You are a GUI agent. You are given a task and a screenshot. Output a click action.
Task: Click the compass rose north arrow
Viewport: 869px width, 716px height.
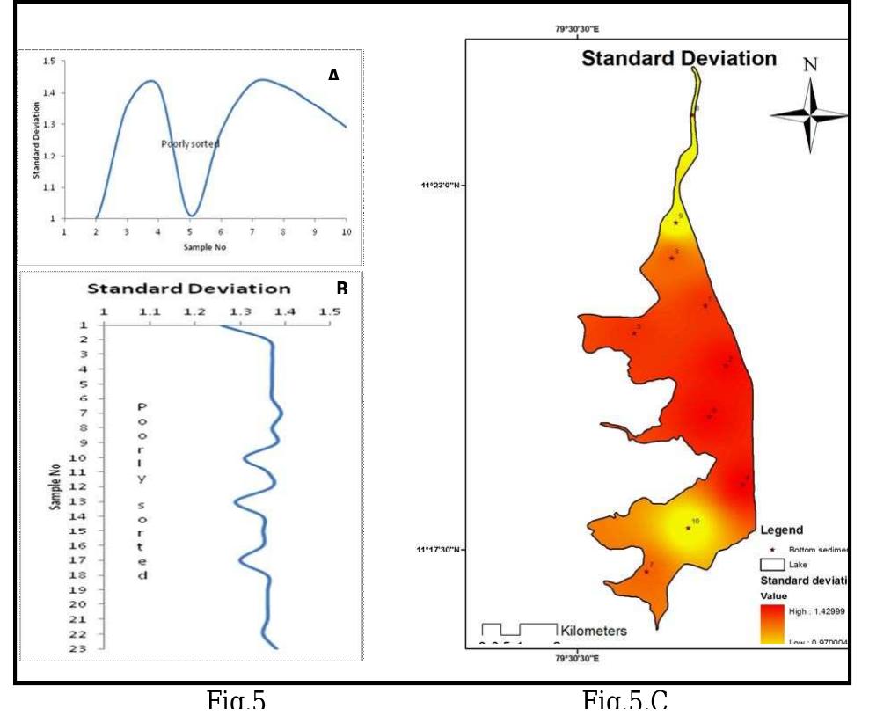pyautogui.click(x=810, y=113)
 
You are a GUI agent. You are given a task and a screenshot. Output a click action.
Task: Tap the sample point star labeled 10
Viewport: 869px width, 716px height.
pyautogui.click(x=688, y=529)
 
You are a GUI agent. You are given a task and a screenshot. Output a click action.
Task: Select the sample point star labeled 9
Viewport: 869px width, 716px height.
pyautogui.click(x=675, y=223)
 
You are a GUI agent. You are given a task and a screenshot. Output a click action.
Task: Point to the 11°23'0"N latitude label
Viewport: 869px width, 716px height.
pyautogui.click(x=441, y=186)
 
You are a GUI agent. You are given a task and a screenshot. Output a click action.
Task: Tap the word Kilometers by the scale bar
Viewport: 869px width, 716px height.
pyautogui.click(x=594, y=631)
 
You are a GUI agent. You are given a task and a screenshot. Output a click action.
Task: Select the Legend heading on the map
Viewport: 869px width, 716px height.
pyautogui.click(x=781, y=530)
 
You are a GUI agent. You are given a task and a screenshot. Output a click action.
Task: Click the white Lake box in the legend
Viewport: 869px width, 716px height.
pyautogui.click(x=772, y=564)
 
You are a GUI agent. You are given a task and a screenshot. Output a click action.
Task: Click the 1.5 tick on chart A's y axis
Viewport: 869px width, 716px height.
pyautogui.click(x=47, y=62)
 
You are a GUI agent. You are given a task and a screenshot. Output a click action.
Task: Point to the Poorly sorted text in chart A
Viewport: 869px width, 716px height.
pyautogui.click(x=190, y=143)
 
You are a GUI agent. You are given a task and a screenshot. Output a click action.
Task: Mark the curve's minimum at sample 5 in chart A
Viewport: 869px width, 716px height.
pyautogui.click(x=190, y=215)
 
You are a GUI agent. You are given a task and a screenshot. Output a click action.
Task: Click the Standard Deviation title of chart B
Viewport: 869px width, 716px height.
pyautogui.click(x=189, y=289)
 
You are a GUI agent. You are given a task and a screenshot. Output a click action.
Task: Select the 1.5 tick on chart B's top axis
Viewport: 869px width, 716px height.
pyautogui.click(x=329, y=311)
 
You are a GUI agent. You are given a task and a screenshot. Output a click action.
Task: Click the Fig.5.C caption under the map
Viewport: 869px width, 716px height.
pyautogui.click(x=624, y=701)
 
